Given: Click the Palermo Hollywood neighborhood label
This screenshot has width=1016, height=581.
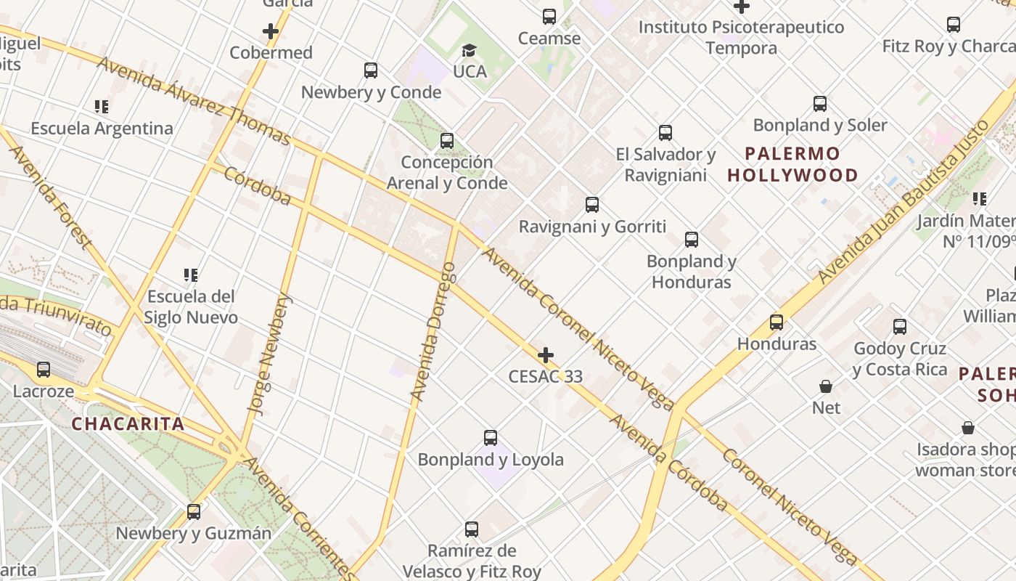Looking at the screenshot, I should coord(792,165).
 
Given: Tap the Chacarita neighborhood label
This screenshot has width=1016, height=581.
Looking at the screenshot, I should coord(128,424).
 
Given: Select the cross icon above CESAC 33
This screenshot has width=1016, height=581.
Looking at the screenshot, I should coord(545,355).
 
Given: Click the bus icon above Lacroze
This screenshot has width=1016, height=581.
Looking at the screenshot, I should coord(44,370).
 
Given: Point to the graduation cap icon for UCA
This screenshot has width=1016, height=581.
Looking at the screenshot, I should coord(469,51).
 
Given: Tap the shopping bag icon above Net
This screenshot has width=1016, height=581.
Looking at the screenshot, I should coord(826,386).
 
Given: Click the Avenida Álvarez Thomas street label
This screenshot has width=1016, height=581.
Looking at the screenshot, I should coord(193,101).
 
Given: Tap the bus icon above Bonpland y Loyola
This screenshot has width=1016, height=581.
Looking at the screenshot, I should coord(491,438).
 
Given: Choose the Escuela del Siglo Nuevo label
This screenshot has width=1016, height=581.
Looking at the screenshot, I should coord(190,307).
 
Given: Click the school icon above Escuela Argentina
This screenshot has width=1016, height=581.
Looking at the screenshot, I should coord(102,107).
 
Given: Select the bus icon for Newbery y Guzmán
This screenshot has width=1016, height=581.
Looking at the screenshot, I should coord(194,511).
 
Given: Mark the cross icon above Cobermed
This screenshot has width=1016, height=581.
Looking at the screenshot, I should coord(271,31).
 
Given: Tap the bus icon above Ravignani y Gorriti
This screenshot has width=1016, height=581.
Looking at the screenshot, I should coord(592,205).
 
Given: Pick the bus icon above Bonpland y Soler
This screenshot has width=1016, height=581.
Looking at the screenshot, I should coord(820,104).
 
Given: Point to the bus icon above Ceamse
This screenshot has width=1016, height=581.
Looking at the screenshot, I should coord(549,16).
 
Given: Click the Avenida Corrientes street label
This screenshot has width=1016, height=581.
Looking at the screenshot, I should coord(298,518).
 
